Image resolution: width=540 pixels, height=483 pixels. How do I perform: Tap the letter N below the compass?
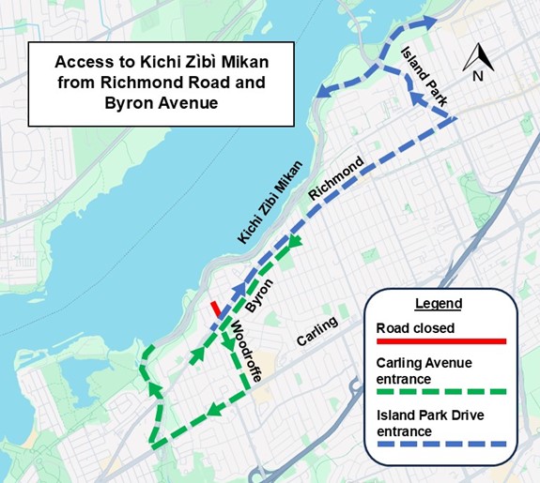[x=478, y=77]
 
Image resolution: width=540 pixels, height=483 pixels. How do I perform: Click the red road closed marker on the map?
[x=216, y=308]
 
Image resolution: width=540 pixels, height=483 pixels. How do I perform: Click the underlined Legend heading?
[x=438, y=304]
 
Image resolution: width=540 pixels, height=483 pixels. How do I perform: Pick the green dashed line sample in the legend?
[x=440, y=391]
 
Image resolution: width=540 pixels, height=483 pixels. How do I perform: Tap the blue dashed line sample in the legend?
[x=440, y=443]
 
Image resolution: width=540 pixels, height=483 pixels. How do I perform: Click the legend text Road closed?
[x=415, y=328]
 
